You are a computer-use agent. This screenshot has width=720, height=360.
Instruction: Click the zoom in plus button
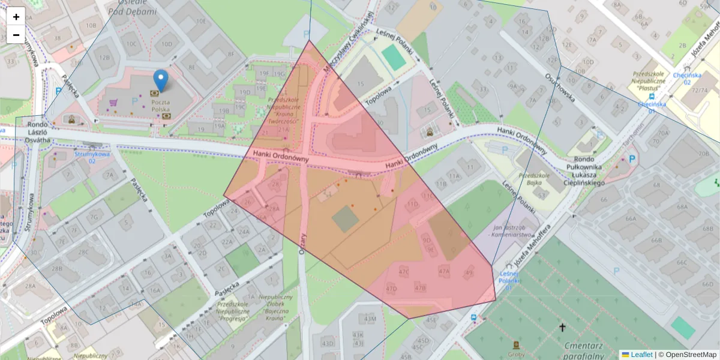pyautogui.click(x=16, y=17)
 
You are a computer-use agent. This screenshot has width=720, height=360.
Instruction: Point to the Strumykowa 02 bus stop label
pyautogui.click(x=85, y=157)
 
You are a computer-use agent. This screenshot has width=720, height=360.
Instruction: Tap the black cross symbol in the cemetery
pyautogui.click(x=562, y=327)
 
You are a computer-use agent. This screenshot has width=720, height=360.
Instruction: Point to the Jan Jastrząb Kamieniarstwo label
pyautogui.click(x=514, y=232)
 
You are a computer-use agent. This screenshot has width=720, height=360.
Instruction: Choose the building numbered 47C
pyautogui.click(x=404, y=272)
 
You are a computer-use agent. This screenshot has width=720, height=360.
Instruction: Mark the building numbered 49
pyautogui.click(x=469, y=273)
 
